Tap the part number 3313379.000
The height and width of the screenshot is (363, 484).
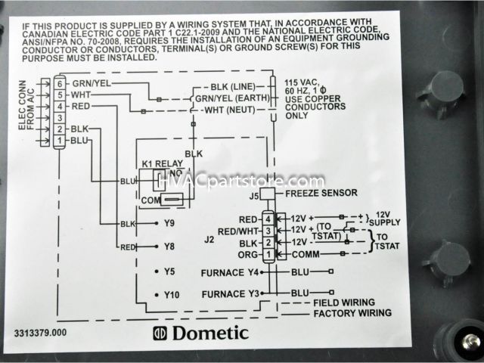(40, 332)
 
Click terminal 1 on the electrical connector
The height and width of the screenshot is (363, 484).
(59, 141)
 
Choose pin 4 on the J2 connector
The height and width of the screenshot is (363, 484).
(267, 219)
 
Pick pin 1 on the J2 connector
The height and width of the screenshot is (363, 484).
(267, 254)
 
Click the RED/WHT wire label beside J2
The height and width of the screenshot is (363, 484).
(236, 231)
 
